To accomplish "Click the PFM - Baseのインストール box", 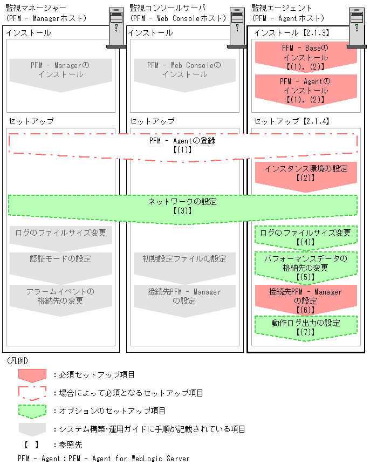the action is tap(305, 57).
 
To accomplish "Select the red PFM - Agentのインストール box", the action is tap(305, 90).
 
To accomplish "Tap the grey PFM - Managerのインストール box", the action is tap(60, 70).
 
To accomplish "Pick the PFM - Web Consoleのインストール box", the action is tap(184, 70).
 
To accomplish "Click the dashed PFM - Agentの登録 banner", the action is tap(183, 146).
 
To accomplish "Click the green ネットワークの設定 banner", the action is tap(183, 206).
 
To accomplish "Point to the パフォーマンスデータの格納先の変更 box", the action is tap(305, 267).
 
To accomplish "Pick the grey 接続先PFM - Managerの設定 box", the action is tap(184, 297).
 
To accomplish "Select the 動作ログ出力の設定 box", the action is tap(305, 327).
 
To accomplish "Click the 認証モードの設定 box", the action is tap(60, 262).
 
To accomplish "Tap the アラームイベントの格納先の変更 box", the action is tap(60, 297).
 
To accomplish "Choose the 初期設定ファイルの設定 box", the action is tap(184, 262).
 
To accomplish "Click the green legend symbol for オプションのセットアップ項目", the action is tap(33, 411).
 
